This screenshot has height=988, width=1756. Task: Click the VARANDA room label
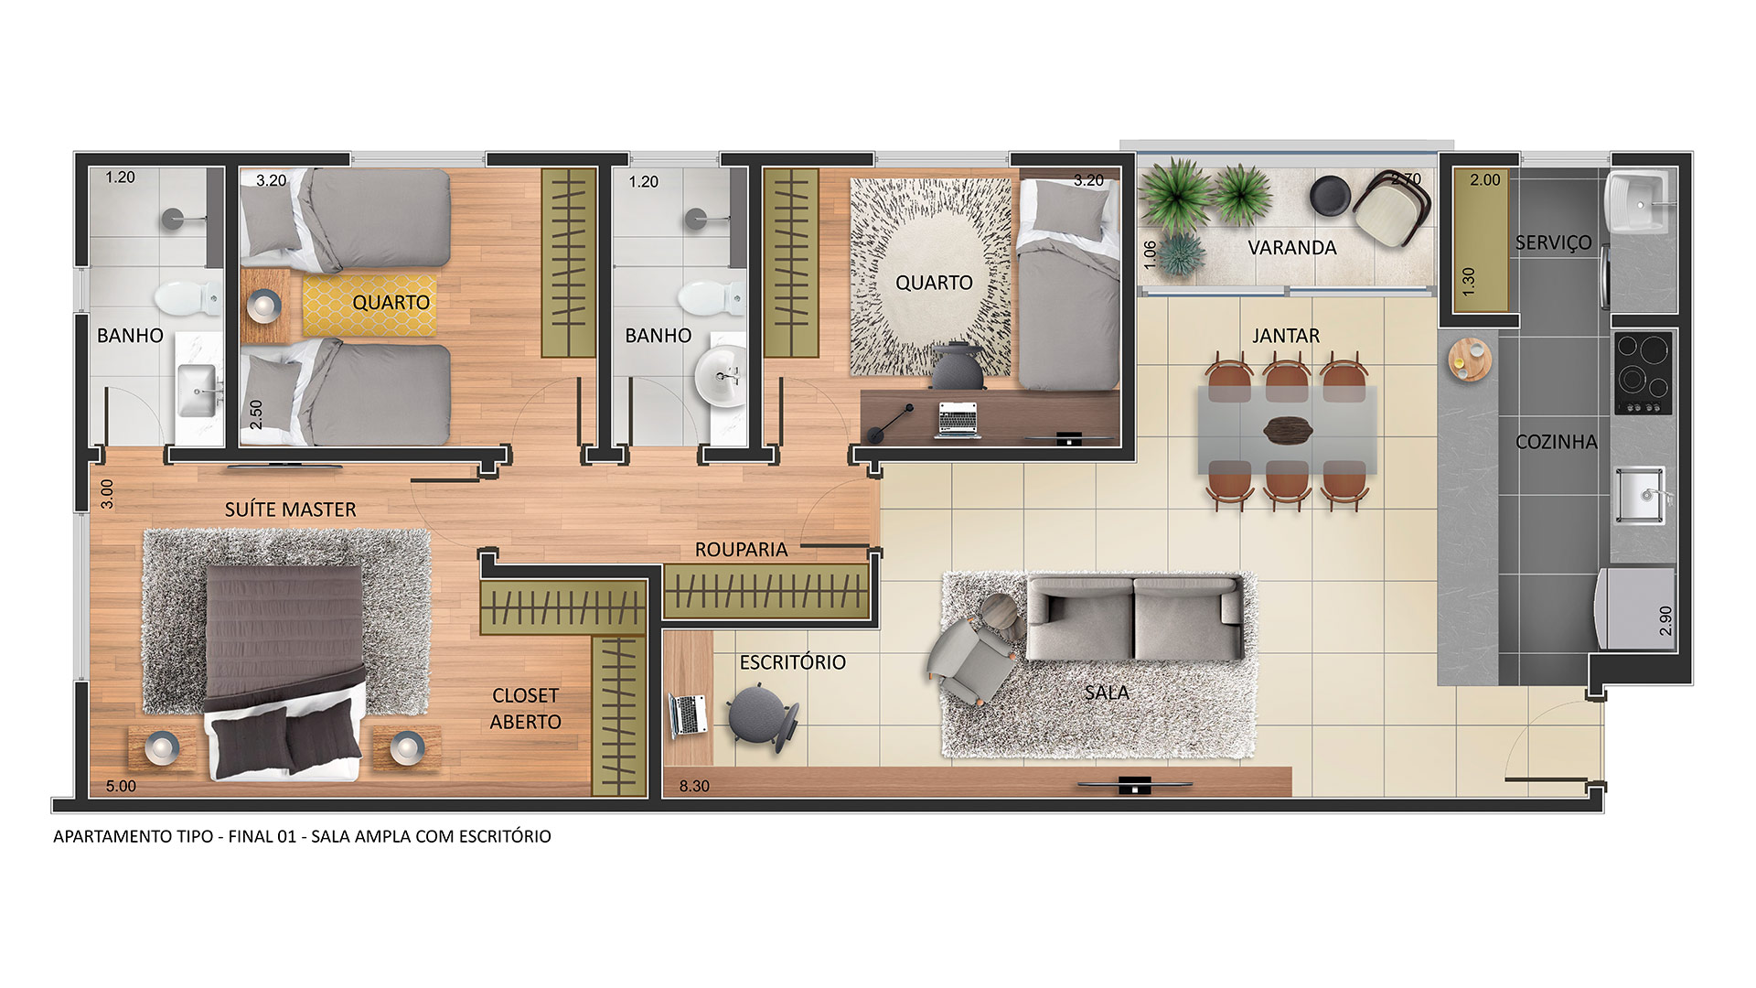click(x=1291, y=248)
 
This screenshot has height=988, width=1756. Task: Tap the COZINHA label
click(x=1556, y=442)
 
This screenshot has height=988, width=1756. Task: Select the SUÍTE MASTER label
click(x=290, y=510)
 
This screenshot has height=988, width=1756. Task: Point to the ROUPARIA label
click(x=741, y=550)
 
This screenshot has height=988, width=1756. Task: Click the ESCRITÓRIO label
click(x=792, y=662)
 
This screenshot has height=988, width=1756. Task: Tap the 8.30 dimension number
click(x=694, y=786)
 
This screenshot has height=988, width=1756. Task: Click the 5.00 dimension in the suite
click(x=121, y=786)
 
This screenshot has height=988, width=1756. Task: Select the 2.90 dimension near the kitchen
click(x=1665, y=621)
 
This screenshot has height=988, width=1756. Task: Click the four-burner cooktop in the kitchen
click(x=1644, y=373)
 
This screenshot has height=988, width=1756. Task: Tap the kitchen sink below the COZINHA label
click(x=1640, y=496)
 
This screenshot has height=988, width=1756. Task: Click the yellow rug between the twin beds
click(x=369, y=305)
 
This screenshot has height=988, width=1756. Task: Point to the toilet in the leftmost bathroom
click(x=187, y=298)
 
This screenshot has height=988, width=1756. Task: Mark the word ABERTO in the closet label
click(x=525, y=723)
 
